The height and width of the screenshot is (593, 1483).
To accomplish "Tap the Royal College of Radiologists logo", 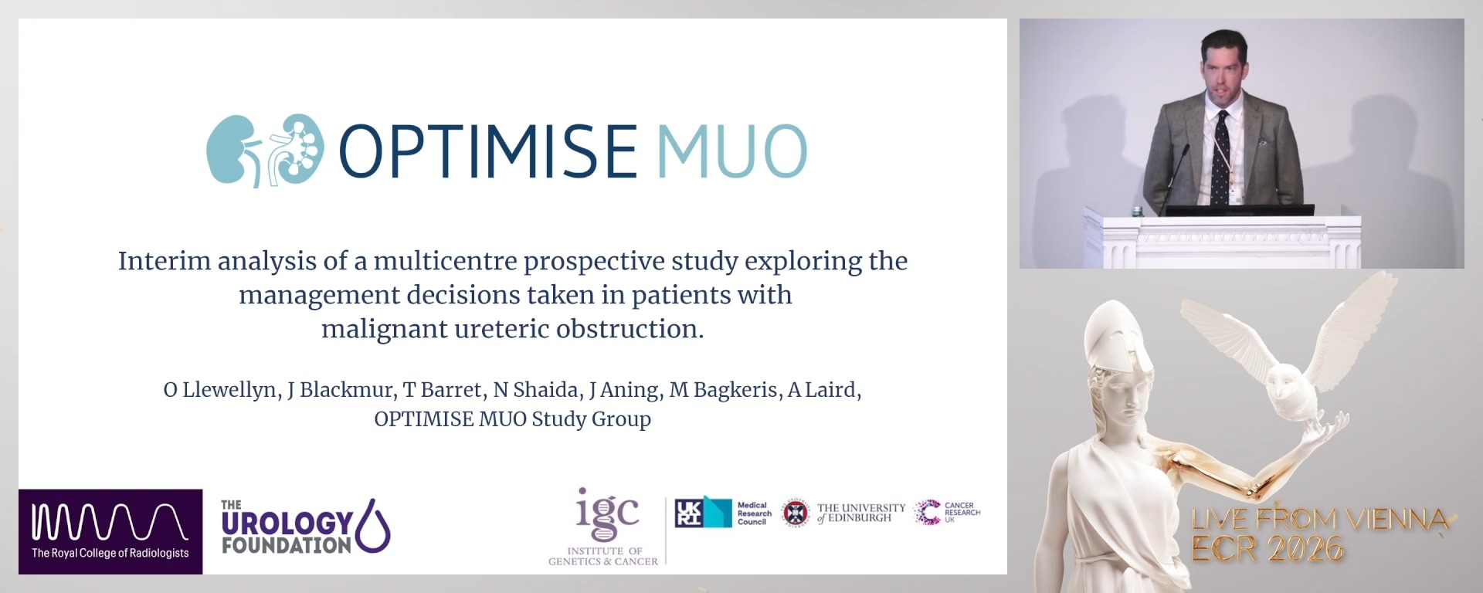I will (110, 531).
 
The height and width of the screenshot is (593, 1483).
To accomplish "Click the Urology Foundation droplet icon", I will (374, 525).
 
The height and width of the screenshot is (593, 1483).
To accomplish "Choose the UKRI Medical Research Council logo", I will (723, 513).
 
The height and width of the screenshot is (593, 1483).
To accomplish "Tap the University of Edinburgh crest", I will (795, 513).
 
